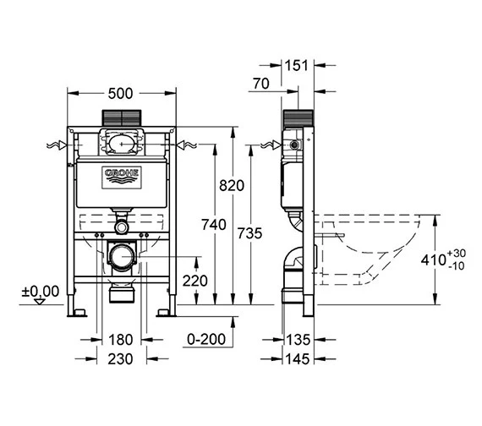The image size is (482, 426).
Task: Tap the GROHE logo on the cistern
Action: pos(121,176)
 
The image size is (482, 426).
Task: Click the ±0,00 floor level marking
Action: pos(41,291)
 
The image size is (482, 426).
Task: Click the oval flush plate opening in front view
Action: pos(121,144)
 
